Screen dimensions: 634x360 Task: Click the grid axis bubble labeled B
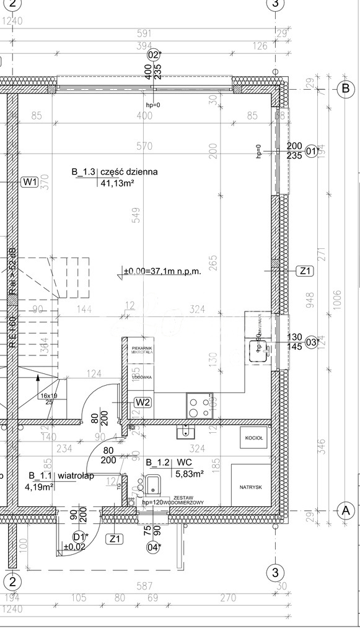click(345, 89)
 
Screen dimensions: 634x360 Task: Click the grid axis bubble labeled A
click(345, 511)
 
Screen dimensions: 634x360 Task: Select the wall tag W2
click(143, 402)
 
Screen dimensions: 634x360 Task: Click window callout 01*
click(314, 150)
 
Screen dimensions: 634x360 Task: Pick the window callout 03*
click(314, 342)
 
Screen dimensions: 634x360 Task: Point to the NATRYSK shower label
click(251, 487)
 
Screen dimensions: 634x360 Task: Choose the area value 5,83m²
click(190, 474)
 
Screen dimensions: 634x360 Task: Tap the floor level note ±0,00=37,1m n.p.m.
click(162, 271)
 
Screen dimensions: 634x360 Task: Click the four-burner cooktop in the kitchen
click(200, 407)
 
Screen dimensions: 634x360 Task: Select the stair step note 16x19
click(49, 395)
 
